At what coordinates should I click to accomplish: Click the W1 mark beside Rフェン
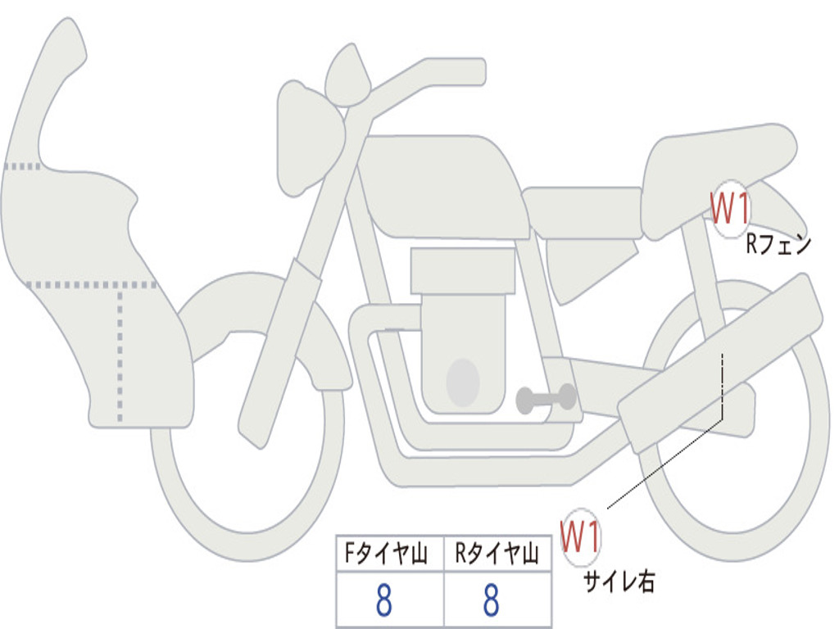(x=729, y=210)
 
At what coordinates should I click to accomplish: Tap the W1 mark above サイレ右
(x=580, y=536)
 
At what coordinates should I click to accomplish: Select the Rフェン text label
(x=778, y=244)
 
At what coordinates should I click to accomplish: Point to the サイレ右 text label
(x=619, y=581)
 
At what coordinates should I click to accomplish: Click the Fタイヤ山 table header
(x=386, y=555)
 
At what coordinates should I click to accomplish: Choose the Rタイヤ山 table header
(x=497, y=555)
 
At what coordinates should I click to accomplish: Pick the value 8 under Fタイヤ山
(x=383, y=601)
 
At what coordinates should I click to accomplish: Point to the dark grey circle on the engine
(x=463, y=382)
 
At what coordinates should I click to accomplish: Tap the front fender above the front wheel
(x=262, y=315)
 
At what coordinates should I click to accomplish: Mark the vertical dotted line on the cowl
(x=120, y=352)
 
